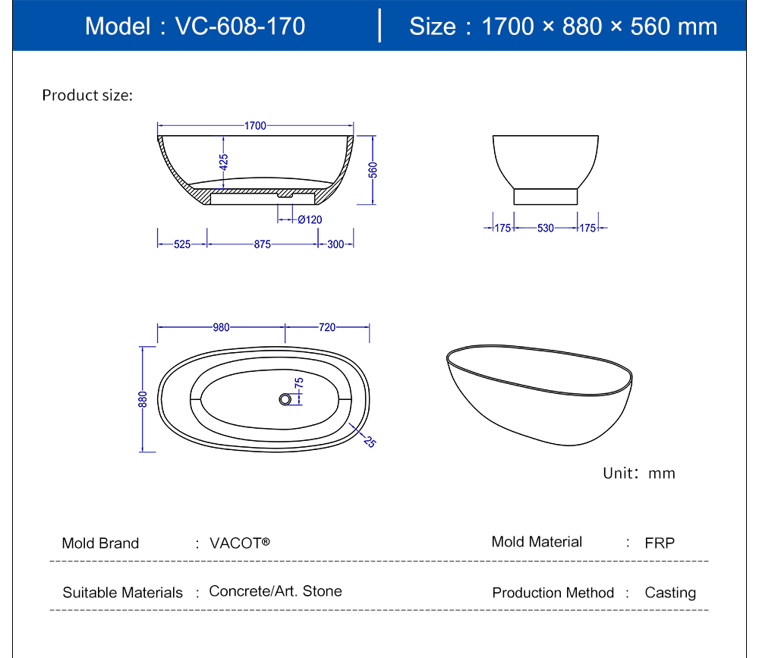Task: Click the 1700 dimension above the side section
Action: [255, 126]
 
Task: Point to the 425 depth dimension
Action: [223, 162]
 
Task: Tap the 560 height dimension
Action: [373, 170]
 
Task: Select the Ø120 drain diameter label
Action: [310, 220]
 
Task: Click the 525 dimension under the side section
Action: [182, 244]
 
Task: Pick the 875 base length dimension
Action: [263, 244]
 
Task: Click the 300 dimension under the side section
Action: [335, 244]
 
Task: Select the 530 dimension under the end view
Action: [546, 228]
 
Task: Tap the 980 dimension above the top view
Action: [221, 327]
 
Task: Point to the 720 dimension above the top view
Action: [327, 327]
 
